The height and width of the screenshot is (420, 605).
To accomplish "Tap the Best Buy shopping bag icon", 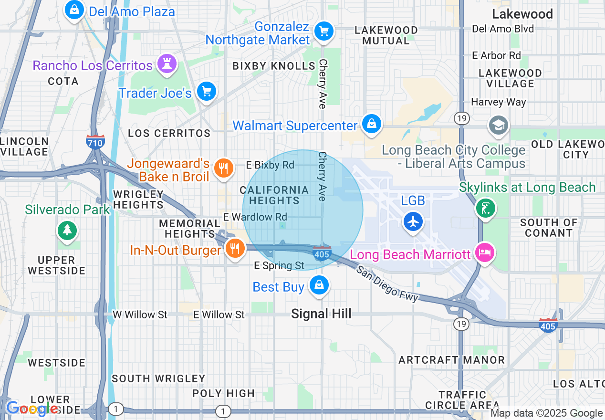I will (319, 285).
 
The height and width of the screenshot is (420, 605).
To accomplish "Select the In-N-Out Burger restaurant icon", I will (234, 248).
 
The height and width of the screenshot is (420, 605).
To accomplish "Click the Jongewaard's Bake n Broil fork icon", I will (223, 168).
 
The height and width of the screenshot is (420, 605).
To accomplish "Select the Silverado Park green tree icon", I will (67, 231).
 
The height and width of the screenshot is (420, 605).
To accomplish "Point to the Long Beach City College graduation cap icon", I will (498, 126).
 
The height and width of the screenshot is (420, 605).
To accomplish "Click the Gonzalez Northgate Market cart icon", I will (324, 31).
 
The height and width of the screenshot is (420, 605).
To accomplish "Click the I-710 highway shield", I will (95, 142).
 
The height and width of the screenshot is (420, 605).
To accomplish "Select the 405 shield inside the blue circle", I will (322, 253).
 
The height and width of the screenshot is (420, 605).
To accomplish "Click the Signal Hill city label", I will (321, 314).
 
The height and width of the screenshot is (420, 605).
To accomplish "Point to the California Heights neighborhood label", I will (274, 195).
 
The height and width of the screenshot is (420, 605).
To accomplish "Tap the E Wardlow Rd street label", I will (255, 217).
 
